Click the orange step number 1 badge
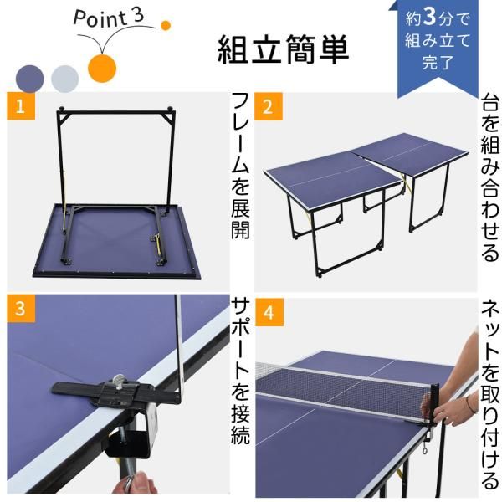(19, 106)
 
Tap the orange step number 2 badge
(268, 106)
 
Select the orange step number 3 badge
(19, 307)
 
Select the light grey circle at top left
(64, 78)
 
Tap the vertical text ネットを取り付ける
(488, 393)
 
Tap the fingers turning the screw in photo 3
(138, 483)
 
